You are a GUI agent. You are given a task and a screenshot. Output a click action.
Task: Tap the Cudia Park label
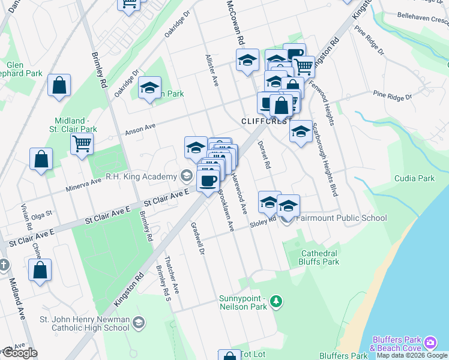pyautogui.click(x=414, y=178)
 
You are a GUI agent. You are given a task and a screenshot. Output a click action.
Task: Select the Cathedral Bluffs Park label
pyautogui.click(x=320, y=257)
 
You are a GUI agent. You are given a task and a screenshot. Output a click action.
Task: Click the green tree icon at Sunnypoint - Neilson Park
pyautogui.click(x=276, y=301)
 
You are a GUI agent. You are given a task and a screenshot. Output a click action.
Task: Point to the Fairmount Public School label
pyautogui.click(x=341, y=218)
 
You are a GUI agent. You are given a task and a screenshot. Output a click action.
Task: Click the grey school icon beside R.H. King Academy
pyautogui.click(x=186, y=176)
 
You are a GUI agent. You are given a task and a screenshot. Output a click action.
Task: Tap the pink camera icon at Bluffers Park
pyautogui.click(x=430, y=343)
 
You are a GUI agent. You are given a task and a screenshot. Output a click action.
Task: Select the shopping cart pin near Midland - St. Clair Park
pyautogui.click(x=82, y=143)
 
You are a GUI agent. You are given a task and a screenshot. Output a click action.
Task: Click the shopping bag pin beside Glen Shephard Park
pyautogui.click(x=59, y=86)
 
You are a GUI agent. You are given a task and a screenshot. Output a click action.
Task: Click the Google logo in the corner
pyautogui.click(x=19, y=353)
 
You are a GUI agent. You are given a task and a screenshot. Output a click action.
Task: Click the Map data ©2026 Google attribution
pyautogui.click(x=412, y=355)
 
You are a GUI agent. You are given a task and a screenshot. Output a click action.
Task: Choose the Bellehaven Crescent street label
pyautogui.click(x=423, y=20)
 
